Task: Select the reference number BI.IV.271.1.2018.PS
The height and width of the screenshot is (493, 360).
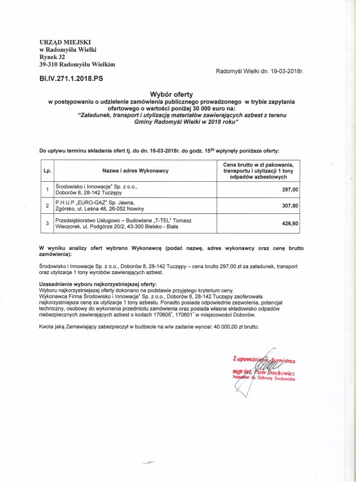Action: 71,80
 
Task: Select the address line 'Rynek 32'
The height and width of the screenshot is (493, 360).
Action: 52,57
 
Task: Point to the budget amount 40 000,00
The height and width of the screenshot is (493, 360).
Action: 227,326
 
